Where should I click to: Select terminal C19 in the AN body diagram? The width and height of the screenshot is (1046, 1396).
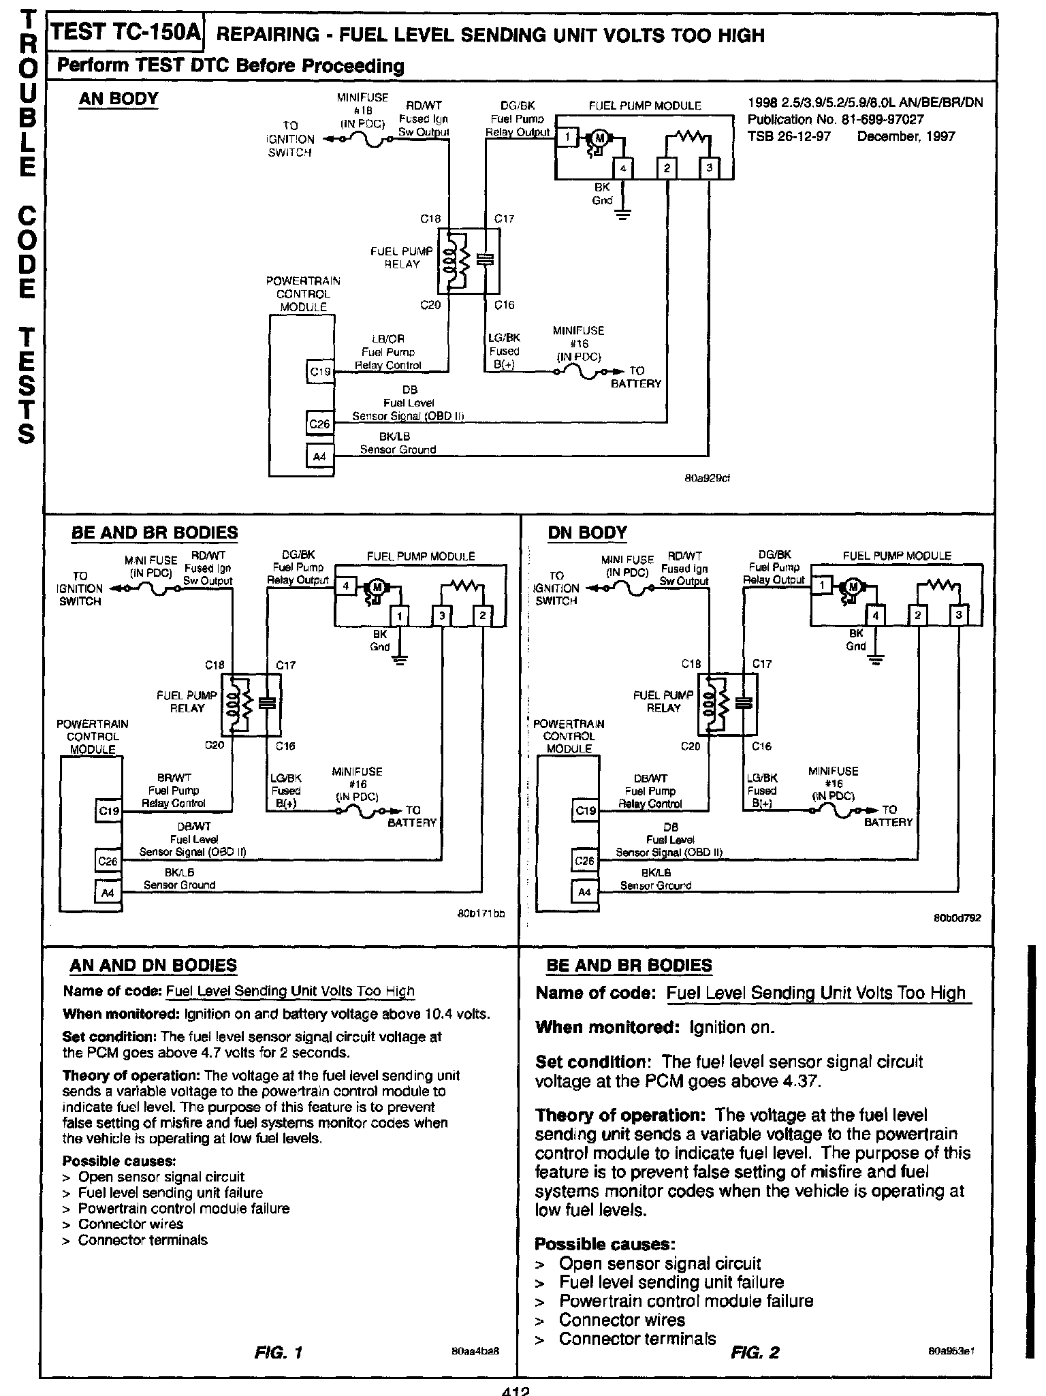click(319, 372)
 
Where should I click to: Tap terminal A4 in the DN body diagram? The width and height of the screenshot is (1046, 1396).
click(584, 892)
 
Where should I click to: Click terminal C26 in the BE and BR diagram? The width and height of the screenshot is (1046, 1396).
click(108, 861)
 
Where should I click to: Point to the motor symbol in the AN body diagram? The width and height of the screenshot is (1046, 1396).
click(600, 138)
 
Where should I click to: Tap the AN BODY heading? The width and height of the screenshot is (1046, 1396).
click(118, 99)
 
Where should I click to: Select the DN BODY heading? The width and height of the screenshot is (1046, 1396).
click(587, 533)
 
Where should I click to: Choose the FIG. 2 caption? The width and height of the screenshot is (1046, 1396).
click(755, 1352)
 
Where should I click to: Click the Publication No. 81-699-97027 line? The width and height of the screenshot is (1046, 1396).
click(836, 119)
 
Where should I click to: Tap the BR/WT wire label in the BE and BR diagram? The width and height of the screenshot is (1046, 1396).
click(170, 778)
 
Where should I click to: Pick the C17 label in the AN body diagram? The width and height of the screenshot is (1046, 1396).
click(504, 219)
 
